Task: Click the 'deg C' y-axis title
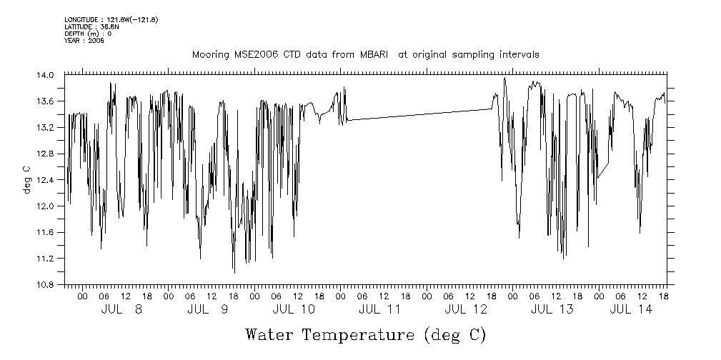point(26,179)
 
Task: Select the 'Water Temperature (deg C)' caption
point(365,334)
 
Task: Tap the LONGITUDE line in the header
point(111,19)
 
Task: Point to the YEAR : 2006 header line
point(84,41)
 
